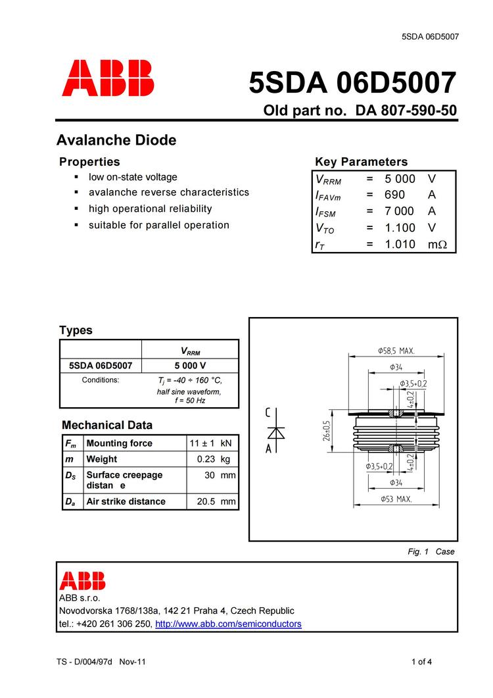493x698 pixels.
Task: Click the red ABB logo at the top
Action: [108, 78]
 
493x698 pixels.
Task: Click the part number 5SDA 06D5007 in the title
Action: [352, 84]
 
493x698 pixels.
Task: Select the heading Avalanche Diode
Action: [116, 140]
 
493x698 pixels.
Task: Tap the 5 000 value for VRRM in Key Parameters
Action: [400, 179]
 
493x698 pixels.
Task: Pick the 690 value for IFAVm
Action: [394, 195]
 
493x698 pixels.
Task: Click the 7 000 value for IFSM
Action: [400, 211]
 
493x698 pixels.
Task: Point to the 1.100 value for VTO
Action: [400, 228]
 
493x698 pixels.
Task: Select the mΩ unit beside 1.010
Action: [437, 244]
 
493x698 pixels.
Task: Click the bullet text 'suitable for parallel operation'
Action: [159, 225]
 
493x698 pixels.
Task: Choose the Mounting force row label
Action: [119, 443]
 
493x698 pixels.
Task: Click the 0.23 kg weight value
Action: [216, 459]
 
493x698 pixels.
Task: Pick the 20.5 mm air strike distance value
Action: [216, 501]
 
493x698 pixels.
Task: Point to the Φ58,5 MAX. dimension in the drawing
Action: [396, 351]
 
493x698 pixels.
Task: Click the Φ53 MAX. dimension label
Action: [396, 499]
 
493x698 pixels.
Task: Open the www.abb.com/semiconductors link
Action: [228, 624]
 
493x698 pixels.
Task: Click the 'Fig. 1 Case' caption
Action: [431, 551]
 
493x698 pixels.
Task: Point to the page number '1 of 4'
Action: [421, 662]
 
